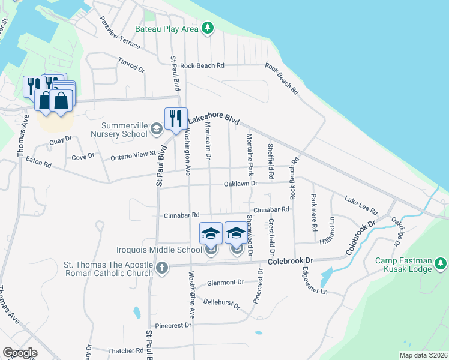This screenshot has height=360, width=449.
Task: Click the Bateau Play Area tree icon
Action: (x=208, y=28)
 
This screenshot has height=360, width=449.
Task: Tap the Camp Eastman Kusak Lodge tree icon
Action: (x=441, y=263)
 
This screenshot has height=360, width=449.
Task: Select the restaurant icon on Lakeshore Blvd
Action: (x=176, y=118)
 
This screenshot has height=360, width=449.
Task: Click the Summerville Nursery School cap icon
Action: (x=156, y=128)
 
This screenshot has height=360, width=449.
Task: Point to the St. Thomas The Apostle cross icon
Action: (x=161, y=268)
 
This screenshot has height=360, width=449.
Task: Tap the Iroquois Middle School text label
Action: (x=160, y=250)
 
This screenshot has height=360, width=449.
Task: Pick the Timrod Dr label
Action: (x=131, y=65)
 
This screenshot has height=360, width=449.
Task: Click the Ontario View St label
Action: (x=133, y=155)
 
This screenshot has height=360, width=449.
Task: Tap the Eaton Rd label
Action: (x=38, y=163)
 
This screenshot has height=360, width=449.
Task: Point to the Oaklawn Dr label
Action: (x=240, y=184)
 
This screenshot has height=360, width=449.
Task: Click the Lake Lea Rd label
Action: (x=361, y=205)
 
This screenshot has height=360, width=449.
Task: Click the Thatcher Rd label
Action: (x=125, y=350)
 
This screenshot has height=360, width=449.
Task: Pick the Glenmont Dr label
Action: (x=225, y=282)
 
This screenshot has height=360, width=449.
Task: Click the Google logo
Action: (x=20, y=353)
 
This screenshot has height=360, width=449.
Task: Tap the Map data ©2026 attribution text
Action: (x=423, y=355)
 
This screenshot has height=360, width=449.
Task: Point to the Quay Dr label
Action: (x=61, y=141)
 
